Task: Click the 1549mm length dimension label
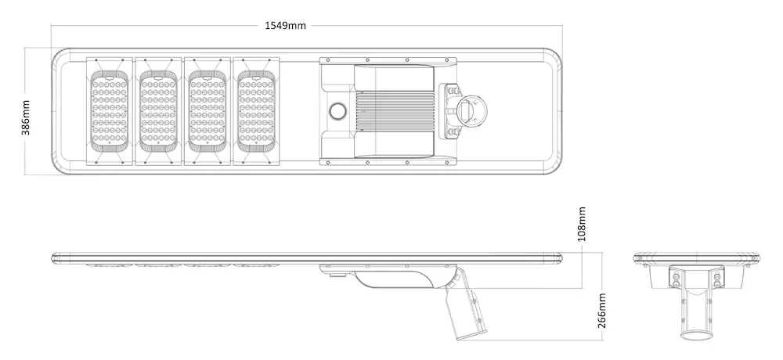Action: [285, 26]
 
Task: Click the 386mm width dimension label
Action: [26, 117]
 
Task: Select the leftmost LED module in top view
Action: [110, 111]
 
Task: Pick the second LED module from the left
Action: [158, 111]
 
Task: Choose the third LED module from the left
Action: [207, 111]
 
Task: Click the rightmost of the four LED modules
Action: [256, 111]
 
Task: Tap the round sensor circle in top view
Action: [337, 111]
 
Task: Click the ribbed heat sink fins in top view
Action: [395, 111]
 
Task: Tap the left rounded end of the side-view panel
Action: [56, 257]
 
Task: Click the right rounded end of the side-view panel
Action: [559, 257]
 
